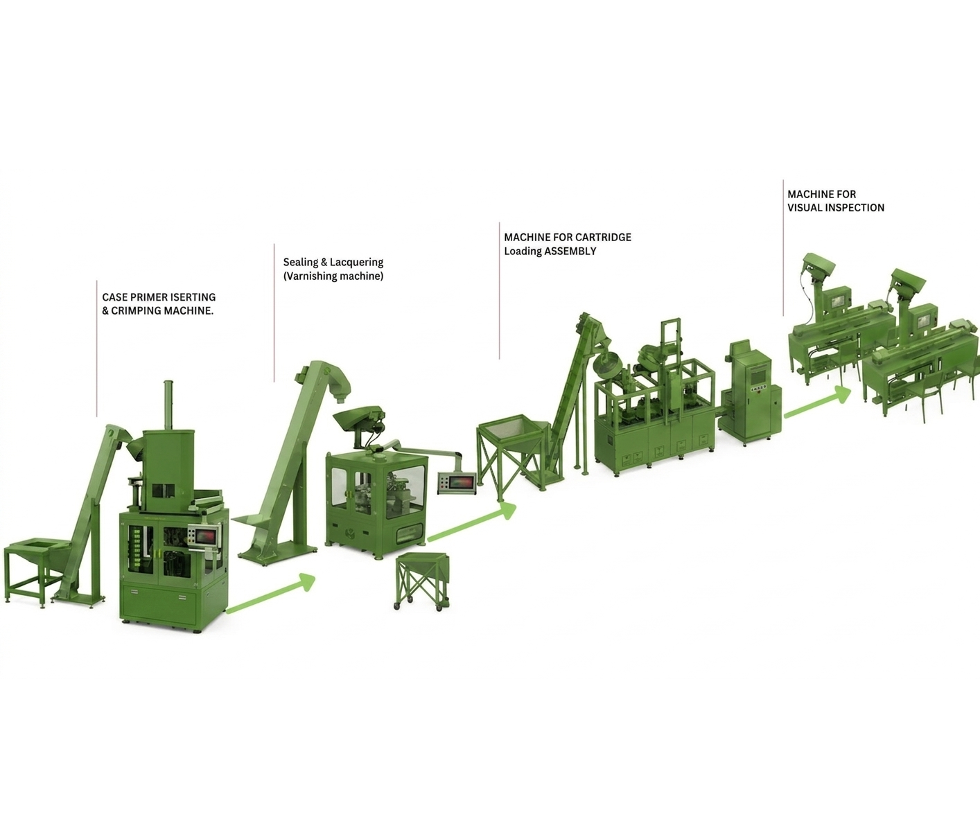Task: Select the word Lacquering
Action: pos(356,262)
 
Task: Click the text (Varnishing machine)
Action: pos(333,276)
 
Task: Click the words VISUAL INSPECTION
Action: pos(836,208)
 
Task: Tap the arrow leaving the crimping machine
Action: pos(271,592)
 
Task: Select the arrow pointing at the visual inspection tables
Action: pos(817,401)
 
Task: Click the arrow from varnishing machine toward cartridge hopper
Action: pos(472,522)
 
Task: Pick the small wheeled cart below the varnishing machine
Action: pos(422,581)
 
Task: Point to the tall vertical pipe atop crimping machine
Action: pos(167,405)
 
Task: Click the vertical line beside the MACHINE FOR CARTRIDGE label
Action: pos(499,290)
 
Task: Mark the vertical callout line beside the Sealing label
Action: pos(274,313)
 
